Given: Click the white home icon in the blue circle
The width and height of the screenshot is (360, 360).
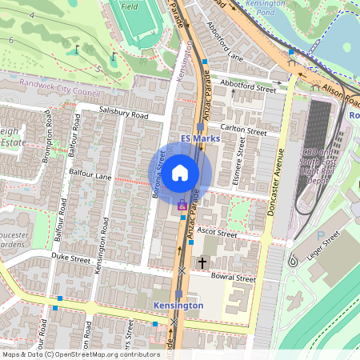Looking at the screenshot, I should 180,171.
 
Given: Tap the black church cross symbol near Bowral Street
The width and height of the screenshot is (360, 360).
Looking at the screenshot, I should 202,262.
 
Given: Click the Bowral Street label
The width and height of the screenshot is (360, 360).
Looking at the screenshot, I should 233,278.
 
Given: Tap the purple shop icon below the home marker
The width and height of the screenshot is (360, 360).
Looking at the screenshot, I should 182,206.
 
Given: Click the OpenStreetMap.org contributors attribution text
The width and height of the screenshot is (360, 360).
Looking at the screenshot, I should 104,354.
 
